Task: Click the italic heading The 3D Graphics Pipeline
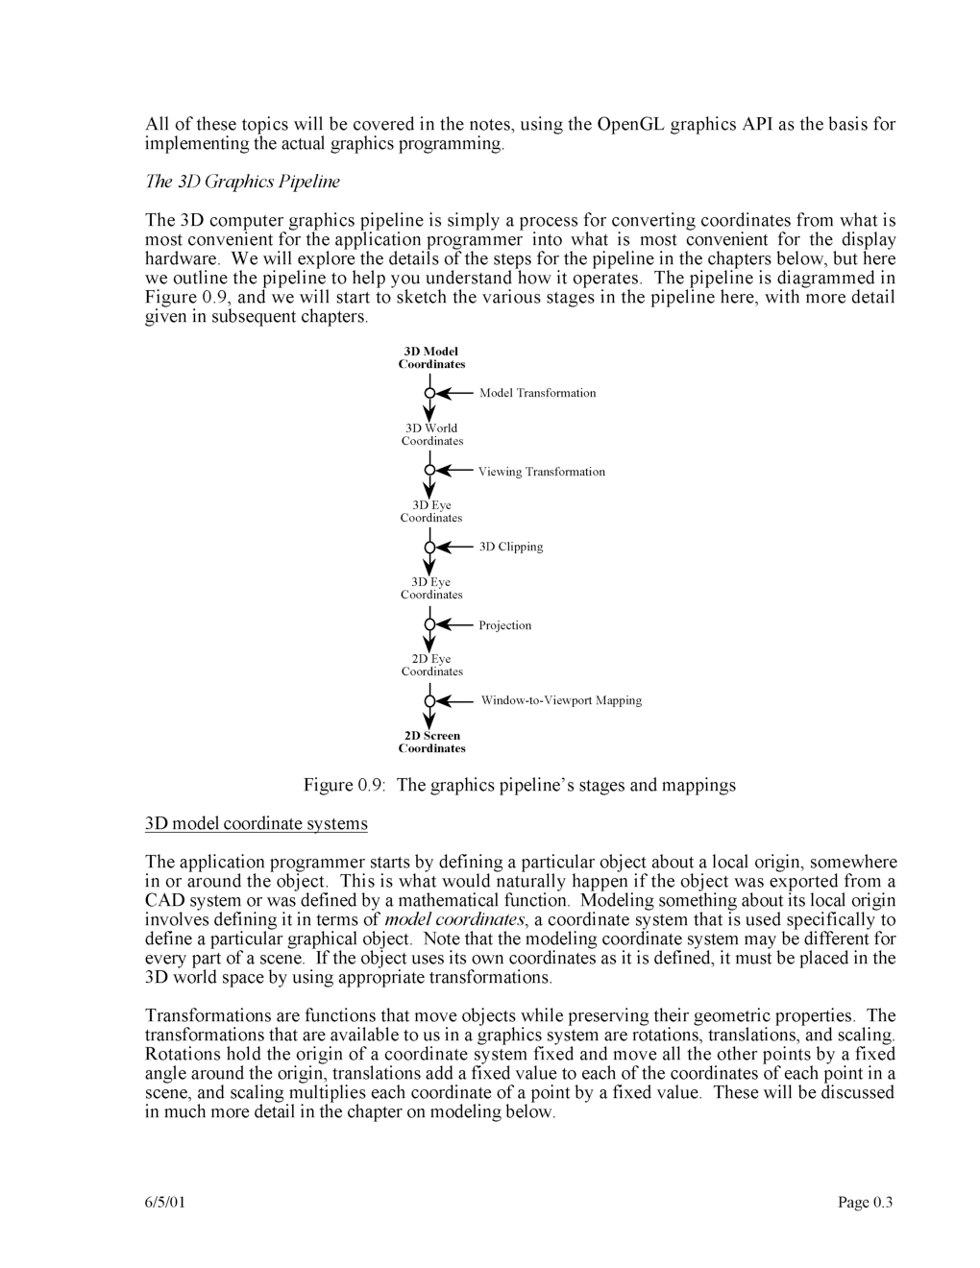tap(242, 182)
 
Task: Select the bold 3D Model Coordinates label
tap(431, 357)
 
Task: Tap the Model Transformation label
tap(537, 393)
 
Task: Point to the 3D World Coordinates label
tap(431, 434)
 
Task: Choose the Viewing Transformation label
tap(542, 472)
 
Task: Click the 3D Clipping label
tap(511, 547)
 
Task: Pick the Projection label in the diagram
tap(504, 625)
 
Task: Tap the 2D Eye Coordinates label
tap(431, 665)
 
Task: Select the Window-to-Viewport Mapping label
tap(561, 700)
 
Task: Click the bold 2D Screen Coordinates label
tap(431, 742)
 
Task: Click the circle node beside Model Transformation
tap(429, 393)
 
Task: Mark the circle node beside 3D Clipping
tap(429, 547)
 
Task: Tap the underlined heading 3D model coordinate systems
tap(256, 823)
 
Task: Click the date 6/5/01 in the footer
tap(165, 1202)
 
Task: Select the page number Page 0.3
tap(865, 1202)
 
